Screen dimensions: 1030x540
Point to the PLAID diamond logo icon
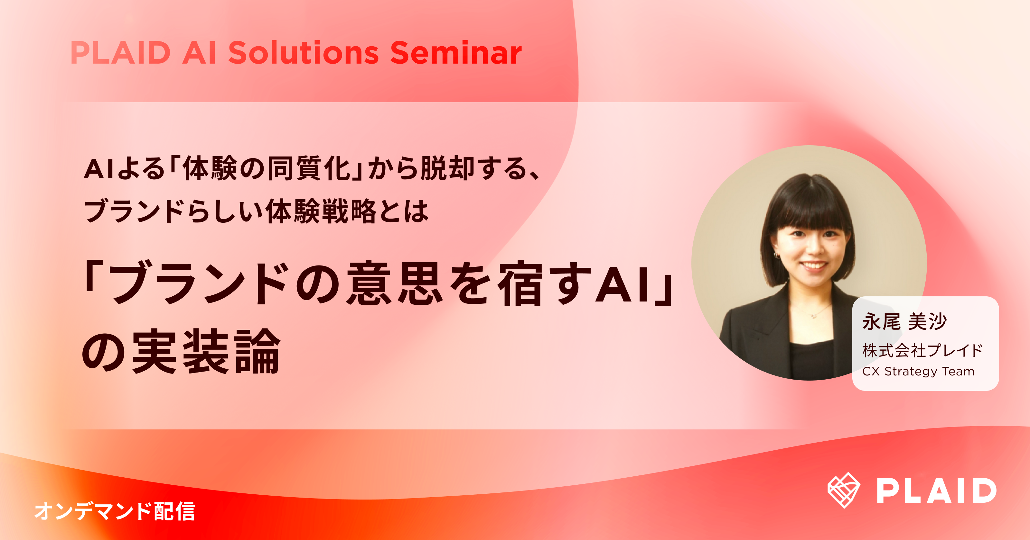click(844, 490)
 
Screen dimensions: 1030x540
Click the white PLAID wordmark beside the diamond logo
click(936, 491)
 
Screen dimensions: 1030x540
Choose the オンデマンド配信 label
click(115, 511)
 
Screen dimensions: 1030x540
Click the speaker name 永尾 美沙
click(904, 321)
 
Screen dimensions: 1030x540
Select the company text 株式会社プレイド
click(922, 350)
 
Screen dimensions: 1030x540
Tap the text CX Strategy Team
click(918, 372)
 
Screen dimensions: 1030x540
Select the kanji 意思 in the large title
click(394, 283)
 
